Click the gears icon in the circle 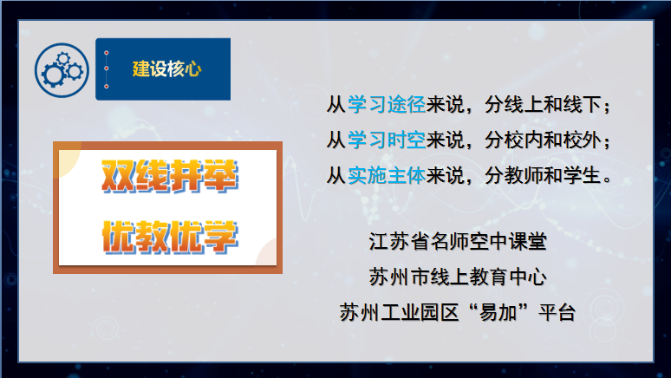[x=62, y=70]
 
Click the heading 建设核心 [x=167, y=68]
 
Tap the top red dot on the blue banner [x=106, y=53]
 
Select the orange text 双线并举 [x=169, y=175]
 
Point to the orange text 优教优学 [x=169, y=237]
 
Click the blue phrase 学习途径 [x=387, y=104]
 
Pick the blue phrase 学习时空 [x=387, y=140]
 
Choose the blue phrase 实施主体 [x=387, y=175]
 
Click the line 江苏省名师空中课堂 [x=458, y=241]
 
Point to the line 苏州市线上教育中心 [x=458, y=277]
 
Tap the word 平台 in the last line [x=557, y=312]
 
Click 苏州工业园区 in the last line [x=400, y=312]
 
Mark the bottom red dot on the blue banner [x=106, y=87]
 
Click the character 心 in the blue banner [x=193, y=68]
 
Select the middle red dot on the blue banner [x=106, y=68]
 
